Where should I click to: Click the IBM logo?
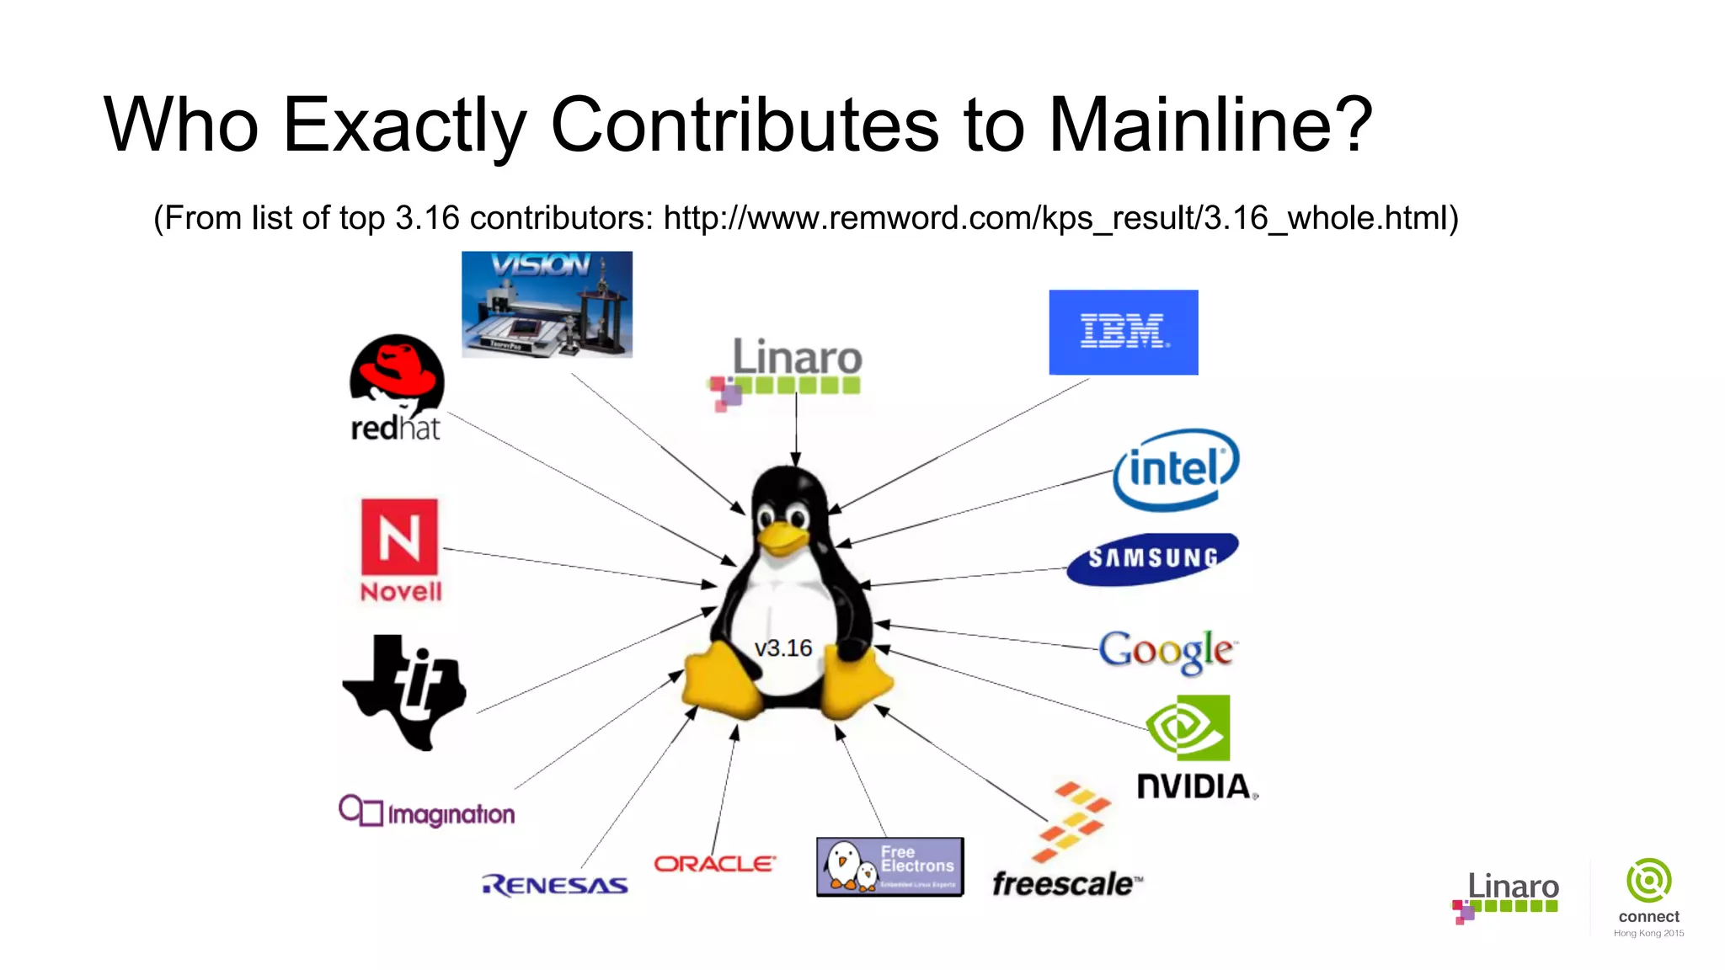[1123, 332]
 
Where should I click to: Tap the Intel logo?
[1176, 469]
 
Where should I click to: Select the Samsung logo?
[1152, 558]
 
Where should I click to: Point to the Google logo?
[1167, 651]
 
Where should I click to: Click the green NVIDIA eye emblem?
[1188, 728]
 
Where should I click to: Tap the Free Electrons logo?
[889, 866]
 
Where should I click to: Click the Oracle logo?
[714, 864]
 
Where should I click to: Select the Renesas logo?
[555, 885]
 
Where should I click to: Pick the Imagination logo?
[426, 812]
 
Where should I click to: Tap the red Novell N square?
[399, 537]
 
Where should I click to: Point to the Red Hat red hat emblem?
[397, 367]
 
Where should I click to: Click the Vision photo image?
[547, 304]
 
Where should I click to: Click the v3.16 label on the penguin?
[782, 648]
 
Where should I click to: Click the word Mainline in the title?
[1210, 125]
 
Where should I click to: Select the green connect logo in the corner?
[1648, 881]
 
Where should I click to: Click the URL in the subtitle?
[1060, 218]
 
